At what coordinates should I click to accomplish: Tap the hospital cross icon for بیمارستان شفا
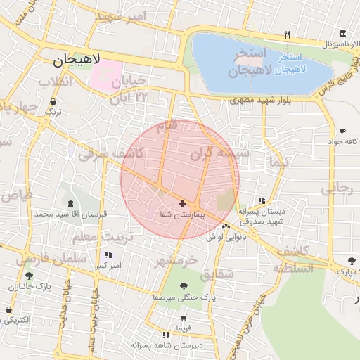click(x=183, y=203)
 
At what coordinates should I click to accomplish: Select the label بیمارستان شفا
click(x=181, y=212)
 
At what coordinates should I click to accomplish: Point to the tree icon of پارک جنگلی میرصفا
click(x=184, y=286)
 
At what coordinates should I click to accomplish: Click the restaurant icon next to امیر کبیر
click(x=108, y=255)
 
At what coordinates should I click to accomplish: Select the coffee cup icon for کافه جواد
click(x=342, y=131)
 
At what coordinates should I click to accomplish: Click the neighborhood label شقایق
click(x=217, y=274)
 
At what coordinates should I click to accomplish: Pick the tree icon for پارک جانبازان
click(x=29, y=276)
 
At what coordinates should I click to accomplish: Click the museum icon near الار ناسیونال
click(x=342, y=34)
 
